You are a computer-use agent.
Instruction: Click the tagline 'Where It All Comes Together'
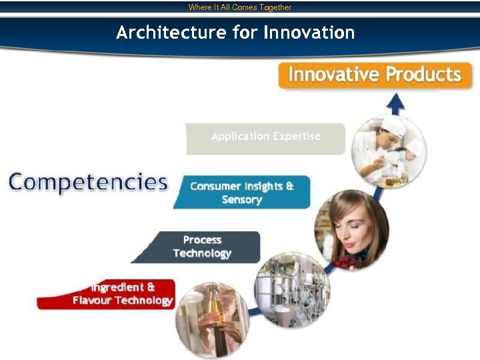pyautogui.click(x=240, y=7)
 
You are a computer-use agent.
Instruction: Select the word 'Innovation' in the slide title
pyautogui.click(x=309, y=32)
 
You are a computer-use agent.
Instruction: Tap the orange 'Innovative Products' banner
pyautogui.click(x=375, y=74)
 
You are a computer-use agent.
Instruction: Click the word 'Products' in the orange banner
pyautogui.click(x=424, y=74)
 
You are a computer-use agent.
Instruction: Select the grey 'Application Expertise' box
pyautogui.click(x=266, y=137)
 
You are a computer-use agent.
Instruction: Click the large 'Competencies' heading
pyautogui.click(x=88, y=182)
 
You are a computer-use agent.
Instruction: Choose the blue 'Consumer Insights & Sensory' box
pyautogui.click(x=242, y=193)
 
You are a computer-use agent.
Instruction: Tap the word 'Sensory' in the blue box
pyautogui.click(x=242, y=200)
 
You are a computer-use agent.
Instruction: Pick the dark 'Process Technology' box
pyautogui.click(x=202, y=247)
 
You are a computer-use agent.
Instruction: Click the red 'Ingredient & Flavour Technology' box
pyautogui.click(x=113, y=294)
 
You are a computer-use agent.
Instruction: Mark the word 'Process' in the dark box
pyautogui.click(x=202, y=240)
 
